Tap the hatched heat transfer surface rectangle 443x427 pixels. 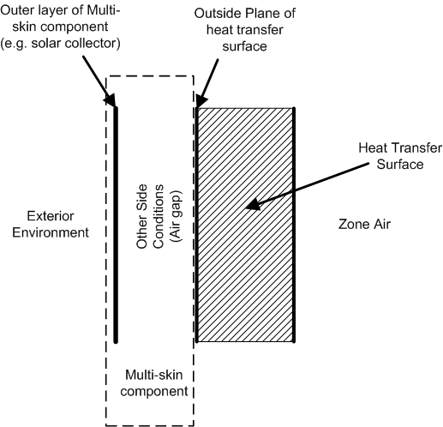[x=246, y=223]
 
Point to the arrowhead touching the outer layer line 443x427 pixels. [x=112, y=103]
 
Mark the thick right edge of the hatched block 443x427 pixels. [x=294, y=223]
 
